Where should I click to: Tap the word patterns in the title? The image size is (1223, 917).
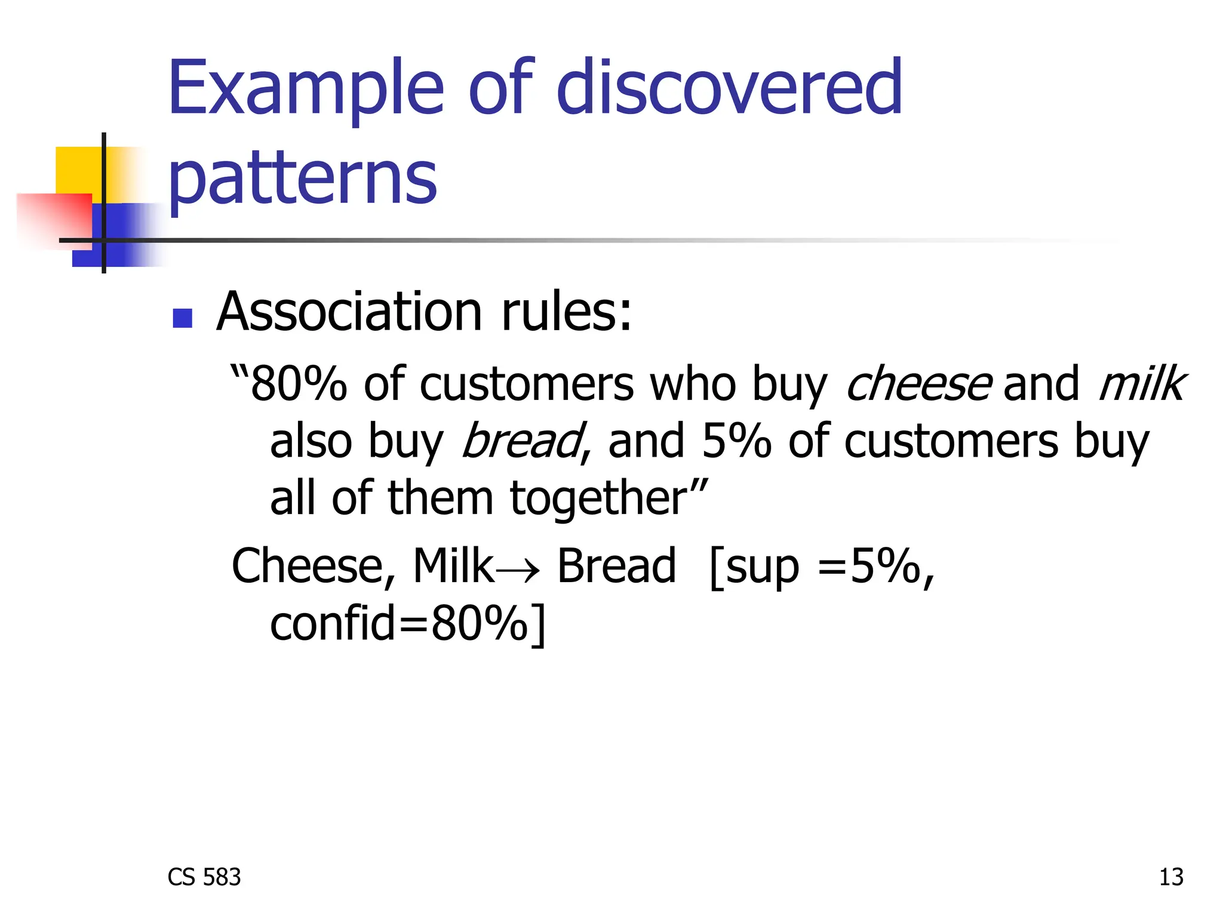pos(303,177)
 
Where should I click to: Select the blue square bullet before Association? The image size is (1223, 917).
pos(182,318)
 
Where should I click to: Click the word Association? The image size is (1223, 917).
pos(349,312)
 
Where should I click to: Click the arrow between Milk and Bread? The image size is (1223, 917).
pos(517,569)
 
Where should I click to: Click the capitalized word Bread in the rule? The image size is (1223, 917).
pos(616,566)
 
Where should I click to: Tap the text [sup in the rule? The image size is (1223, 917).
pos(754,567)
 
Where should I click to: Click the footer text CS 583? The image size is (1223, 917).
pos(204,877)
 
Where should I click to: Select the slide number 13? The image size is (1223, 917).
pos(1170,877)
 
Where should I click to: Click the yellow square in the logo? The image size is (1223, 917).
pos(78,170)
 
